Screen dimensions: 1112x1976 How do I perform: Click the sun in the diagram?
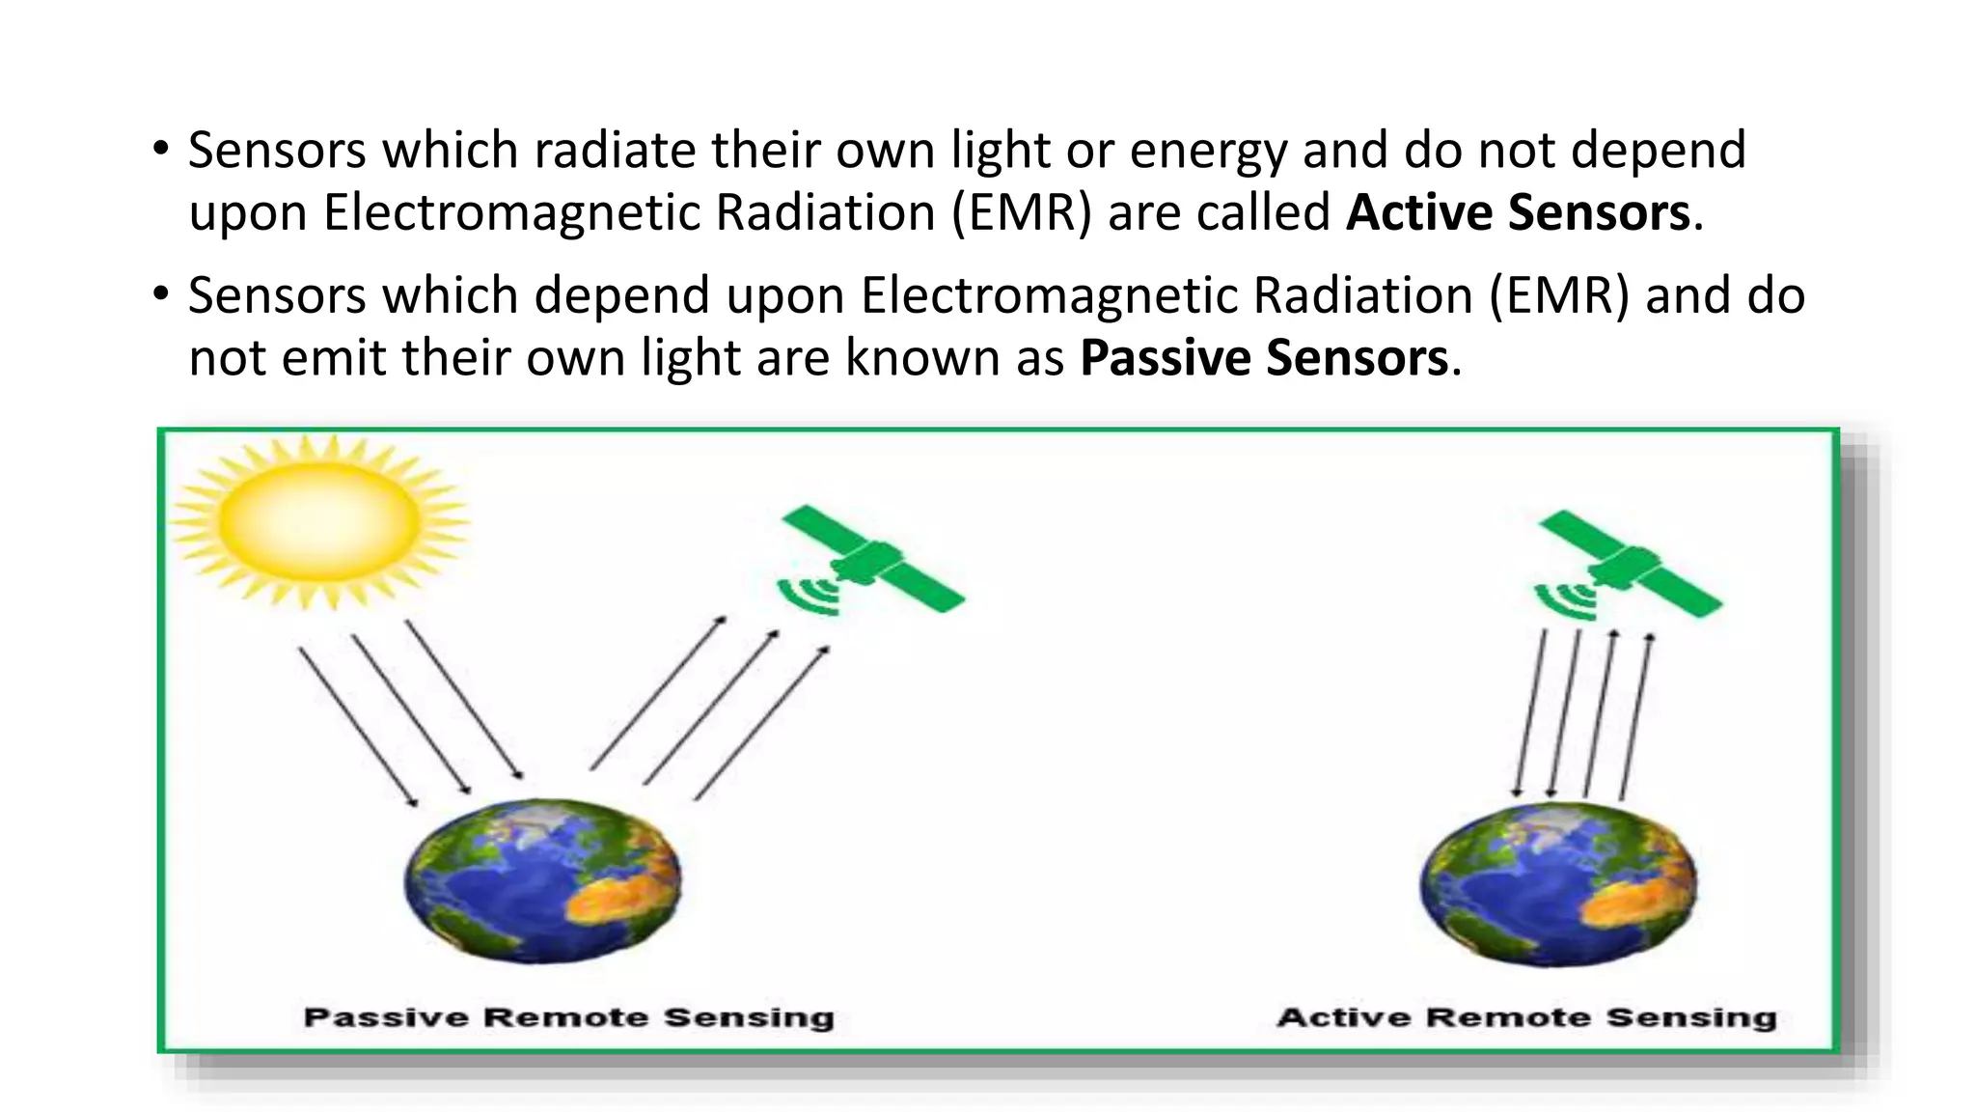[319, 521]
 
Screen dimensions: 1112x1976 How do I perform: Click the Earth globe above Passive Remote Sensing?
[542, 880]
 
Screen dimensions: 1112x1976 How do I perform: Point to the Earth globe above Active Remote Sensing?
[1557, 884]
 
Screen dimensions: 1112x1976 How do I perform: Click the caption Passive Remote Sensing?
[568, 1017]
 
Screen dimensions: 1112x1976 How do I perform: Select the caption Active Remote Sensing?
[1526, 1017]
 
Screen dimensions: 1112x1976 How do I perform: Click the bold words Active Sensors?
[1518, 212]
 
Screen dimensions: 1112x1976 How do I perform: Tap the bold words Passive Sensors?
[1264, 358]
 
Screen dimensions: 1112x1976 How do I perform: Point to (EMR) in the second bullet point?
[1559, 295]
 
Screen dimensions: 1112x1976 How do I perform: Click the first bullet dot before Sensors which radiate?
[161, 150]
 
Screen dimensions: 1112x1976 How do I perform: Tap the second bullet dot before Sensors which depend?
[161, 294]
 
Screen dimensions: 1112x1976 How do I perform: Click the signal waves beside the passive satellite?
[809, 597]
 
